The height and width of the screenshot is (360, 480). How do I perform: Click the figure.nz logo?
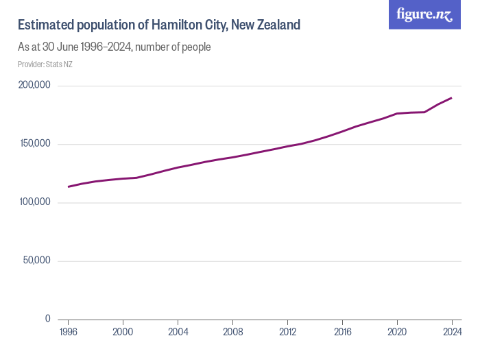424,14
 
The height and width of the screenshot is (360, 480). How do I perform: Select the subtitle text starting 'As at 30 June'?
114,47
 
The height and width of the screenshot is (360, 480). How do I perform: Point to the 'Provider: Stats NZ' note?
45,64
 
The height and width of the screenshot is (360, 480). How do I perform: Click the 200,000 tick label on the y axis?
34,86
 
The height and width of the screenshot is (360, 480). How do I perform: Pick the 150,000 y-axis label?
34,144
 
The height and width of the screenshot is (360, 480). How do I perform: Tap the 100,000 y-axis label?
34,202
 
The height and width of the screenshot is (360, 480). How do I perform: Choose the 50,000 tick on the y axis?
37,261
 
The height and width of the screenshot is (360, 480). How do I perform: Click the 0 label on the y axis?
47,319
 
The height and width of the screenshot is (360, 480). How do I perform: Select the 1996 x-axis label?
68,333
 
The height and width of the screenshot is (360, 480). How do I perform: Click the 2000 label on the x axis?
123,333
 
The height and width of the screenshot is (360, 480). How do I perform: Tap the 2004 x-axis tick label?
178,333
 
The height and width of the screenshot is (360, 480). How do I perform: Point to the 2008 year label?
232,333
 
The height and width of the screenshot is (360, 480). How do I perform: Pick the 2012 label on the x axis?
287,333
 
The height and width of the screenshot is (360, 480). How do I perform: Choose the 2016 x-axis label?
342,333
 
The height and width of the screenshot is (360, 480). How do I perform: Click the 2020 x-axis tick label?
397,333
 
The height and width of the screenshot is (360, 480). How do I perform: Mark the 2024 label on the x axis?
452,333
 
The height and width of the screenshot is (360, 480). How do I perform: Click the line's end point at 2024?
452,98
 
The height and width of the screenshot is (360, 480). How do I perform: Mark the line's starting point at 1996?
68,187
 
